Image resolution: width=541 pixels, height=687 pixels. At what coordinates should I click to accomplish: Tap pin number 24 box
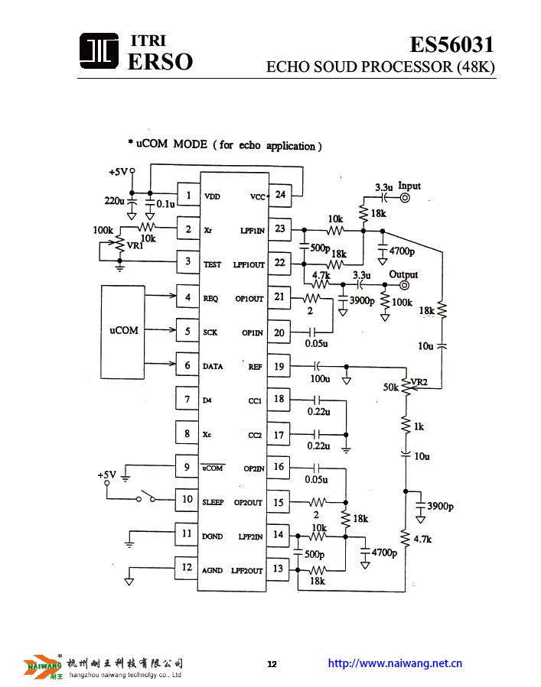(x=280, y=195)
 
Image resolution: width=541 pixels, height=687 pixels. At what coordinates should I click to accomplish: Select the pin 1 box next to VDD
(x=189, y=195)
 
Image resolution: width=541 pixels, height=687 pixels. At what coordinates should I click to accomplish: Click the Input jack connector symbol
(x=405, y=198)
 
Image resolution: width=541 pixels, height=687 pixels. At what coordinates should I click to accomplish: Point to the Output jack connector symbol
(x=404, y=285)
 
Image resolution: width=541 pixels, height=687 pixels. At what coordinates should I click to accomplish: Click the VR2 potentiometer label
(x=419, y=381)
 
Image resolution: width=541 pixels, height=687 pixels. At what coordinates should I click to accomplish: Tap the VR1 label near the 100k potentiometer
(x=135, y=246)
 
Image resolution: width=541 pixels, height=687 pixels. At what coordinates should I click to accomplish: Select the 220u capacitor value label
(x=115, y=201)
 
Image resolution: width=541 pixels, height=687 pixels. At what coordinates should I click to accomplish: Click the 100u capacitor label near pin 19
(x=320, y=379)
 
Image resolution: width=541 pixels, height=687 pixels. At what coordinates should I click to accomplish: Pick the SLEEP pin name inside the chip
(x=213, y=502)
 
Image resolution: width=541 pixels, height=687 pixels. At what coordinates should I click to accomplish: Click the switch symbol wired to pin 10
(x=146, y=497)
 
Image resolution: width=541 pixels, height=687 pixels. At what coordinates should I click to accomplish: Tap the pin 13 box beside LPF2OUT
(x=278, y=569)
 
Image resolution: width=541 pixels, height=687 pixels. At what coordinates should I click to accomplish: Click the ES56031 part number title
(x=451, y=44)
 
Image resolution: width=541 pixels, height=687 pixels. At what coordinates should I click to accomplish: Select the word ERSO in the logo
(x=160, y=61)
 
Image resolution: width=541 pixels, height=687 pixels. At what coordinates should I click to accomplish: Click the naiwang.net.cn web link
(x=395, y=663)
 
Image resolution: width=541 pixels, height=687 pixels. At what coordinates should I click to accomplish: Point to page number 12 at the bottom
(x=272, y=664)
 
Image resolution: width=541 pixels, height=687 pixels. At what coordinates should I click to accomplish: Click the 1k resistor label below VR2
(x=419, y=426)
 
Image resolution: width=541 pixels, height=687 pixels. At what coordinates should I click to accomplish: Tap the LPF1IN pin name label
(x=253, y=231)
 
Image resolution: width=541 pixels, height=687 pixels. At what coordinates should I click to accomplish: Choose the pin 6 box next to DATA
(x=187, y=365)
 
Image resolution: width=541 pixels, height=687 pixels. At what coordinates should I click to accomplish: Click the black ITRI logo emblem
(x=99, y=51)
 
